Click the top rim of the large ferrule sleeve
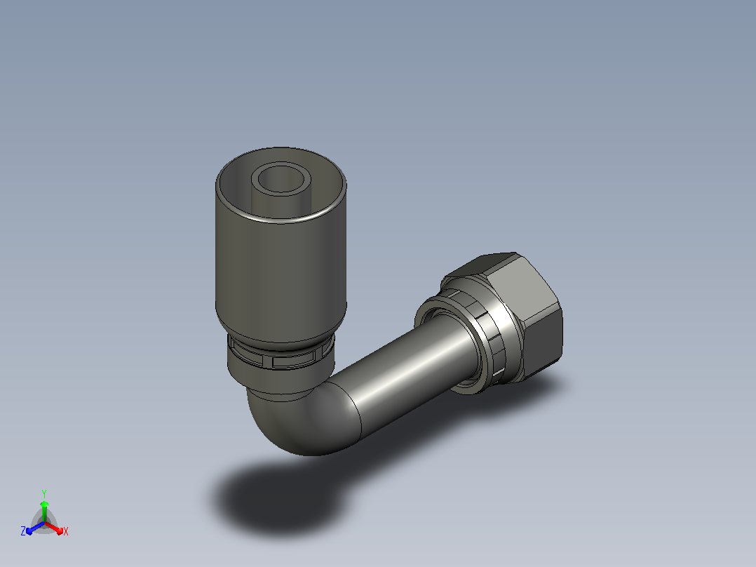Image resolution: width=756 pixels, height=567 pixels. (281, 220)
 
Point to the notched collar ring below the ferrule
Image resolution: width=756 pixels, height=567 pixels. (281, 359)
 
